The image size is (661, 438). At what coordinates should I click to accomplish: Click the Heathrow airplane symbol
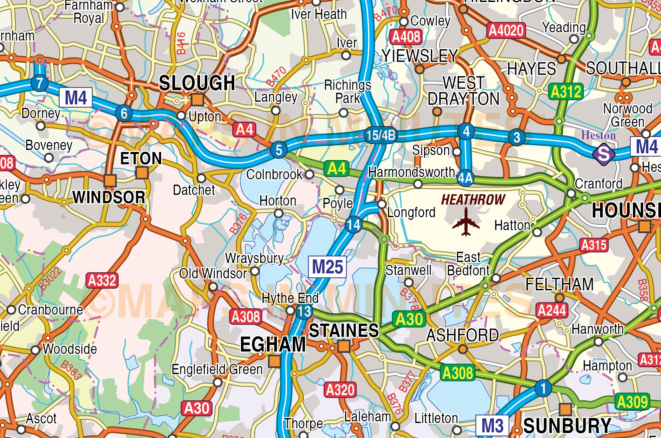466,222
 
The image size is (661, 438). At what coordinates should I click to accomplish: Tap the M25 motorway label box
327,267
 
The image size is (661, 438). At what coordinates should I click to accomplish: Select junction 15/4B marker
381,135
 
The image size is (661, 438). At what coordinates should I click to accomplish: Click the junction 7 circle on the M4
40,83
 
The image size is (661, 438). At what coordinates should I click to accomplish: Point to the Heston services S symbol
603,154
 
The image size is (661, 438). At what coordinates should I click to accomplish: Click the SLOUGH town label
197,83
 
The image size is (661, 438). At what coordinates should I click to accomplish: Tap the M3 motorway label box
492,425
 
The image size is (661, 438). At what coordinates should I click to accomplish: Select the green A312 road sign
566,92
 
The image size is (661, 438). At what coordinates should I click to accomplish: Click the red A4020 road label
506,31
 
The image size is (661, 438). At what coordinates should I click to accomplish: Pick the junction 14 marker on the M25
353,225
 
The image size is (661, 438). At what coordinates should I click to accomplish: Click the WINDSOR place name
109,197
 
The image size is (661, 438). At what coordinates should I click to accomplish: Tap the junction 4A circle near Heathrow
465,178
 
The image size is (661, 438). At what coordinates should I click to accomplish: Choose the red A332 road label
102,280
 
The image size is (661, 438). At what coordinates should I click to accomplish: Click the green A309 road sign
632,402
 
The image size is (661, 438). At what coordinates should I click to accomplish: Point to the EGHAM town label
273,344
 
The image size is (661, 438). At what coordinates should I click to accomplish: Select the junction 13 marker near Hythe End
304,312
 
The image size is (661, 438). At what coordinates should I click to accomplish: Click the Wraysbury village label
254,258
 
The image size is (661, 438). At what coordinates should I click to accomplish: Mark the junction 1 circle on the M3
543,388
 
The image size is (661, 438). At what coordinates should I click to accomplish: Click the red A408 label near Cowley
406,37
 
